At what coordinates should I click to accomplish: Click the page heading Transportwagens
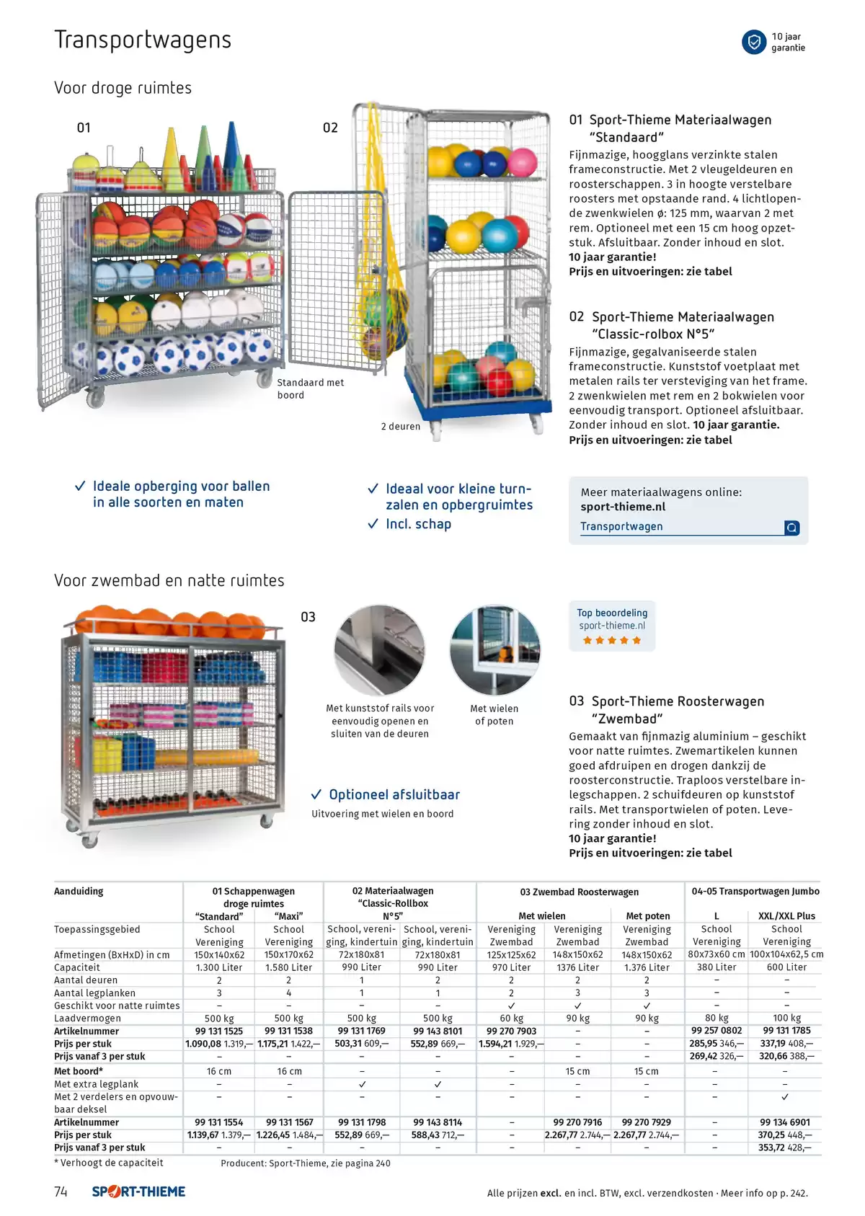pos(143,40)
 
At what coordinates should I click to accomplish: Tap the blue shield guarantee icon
pos(754,42)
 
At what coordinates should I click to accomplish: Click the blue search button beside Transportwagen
pos(791,527)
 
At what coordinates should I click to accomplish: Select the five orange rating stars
pos(612,640)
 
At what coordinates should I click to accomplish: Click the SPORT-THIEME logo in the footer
pos(138,1191)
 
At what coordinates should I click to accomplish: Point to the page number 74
pos(61,1191)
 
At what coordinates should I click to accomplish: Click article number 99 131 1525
pos(219,1031)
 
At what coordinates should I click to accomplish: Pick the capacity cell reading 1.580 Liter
pos(288,967)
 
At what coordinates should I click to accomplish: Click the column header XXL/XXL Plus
pos(787,916)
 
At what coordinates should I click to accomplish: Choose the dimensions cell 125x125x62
pos(512,955)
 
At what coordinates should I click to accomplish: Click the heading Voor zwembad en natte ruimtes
pos(169,580)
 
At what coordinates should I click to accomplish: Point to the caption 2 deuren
pos(401,426)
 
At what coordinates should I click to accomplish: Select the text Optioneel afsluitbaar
pos(394,795)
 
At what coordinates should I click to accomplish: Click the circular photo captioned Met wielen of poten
pos(494,650)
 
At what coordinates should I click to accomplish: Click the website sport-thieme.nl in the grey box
pos(623,507)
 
